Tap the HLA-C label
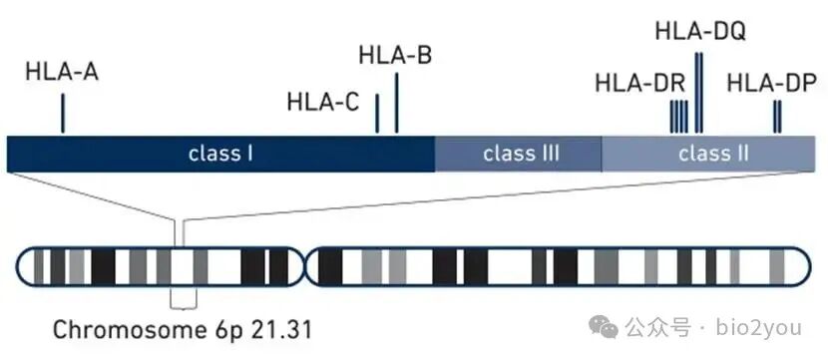(322, 102)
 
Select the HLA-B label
(394, 56)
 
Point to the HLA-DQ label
(699, 31)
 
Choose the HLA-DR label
(639, 82)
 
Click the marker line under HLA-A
(63, 113)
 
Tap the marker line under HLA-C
(377, 114)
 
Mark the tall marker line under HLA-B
(397, 103)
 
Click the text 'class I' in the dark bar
(220, 154)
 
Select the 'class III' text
(521, 154)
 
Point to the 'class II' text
(713, 154)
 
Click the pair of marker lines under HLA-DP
(777, 117)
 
